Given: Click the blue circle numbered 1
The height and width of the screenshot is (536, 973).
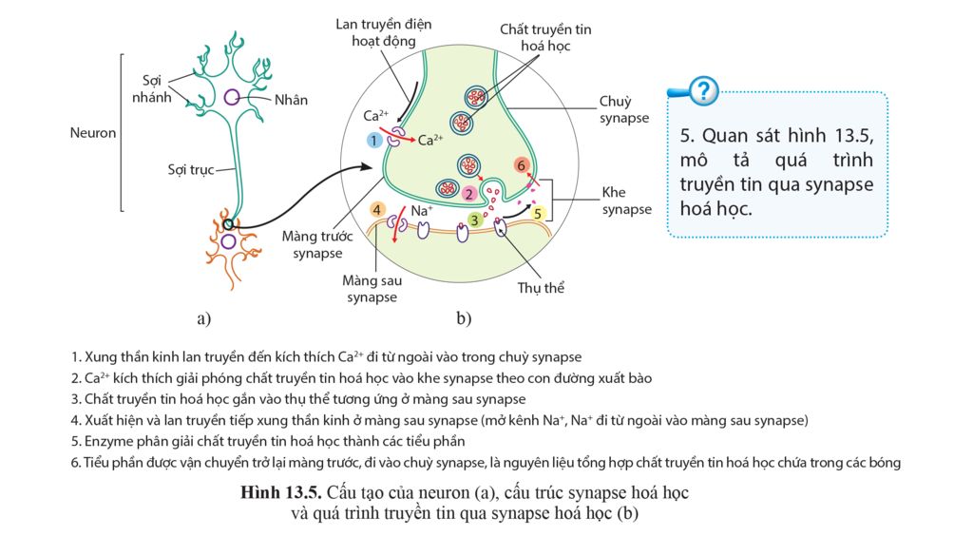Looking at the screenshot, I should click(374, 140).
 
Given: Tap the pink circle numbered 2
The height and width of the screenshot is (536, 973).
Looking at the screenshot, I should click(469, 193).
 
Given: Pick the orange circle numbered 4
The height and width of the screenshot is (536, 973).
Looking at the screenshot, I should click(377, 209).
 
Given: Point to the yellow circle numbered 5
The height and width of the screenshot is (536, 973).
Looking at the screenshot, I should click(537, 214).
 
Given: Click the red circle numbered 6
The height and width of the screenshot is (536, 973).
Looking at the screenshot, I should click(521, 165).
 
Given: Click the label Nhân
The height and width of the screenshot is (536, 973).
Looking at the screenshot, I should click(291, 99).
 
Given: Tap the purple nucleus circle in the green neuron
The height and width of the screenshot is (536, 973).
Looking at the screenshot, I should click(232, 97).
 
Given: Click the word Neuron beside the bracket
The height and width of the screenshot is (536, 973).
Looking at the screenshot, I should click(93, 133).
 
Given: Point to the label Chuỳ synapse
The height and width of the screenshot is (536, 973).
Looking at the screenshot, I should click(624, 109).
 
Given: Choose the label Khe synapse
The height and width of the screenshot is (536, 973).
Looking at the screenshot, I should click(626, 201).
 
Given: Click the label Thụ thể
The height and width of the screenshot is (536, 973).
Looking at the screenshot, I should click(541, 287).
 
